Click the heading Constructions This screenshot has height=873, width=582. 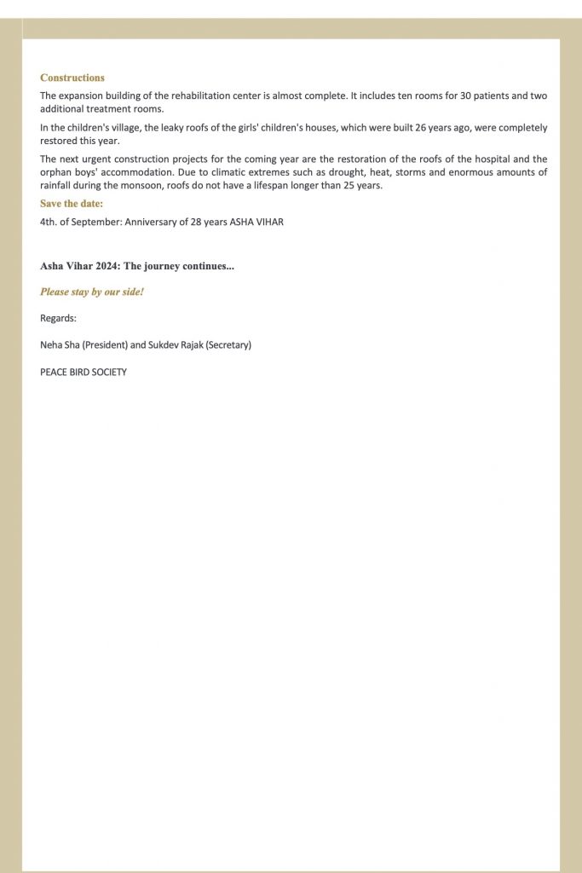click(72, 78)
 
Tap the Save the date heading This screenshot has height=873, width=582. click(72, 204)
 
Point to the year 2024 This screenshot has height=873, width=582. click(108, 266)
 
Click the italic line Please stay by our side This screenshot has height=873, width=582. click(92, 292)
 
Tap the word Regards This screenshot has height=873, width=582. click(58, 318)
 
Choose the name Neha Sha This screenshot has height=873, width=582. click(60, 345)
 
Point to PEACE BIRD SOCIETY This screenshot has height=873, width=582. click(84, 372)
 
